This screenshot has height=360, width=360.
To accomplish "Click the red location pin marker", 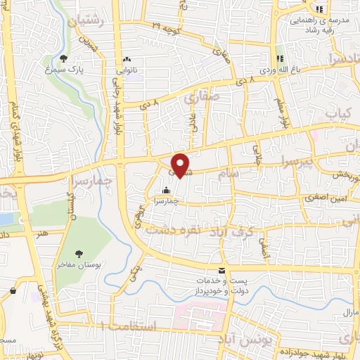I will point(181,165).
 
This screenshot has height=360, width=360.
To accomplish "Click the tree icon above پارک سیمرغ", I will point(64,58).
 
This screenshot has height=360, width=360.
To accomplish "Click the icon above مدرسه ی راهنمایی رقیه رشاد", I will point(319,9).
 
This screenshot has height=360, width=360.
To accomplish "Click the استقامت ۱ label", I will point(127,326).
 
